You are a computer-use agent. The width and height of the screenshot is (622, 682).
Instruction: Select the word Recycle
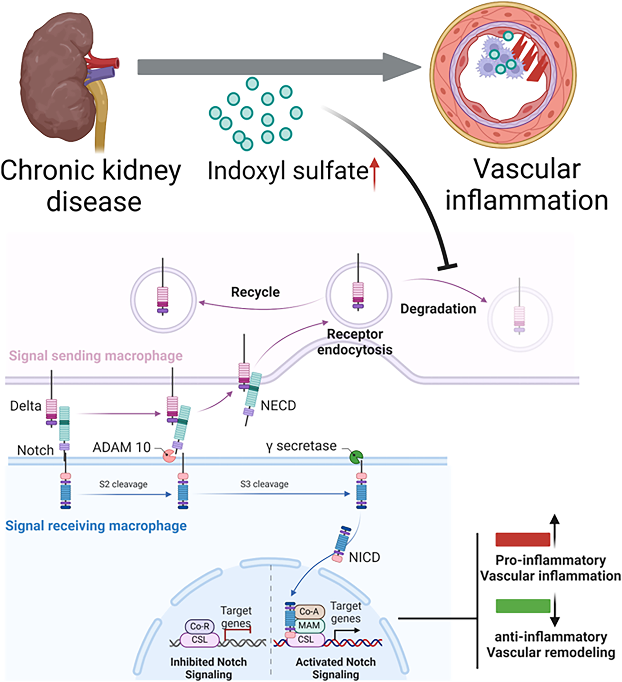tap(255, 292)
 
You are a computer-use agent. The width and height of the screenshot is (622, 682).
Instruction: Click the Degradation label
tap(438, 309)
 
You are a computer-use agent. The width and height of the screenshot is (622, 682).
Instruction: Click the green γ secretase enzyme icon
tap(356, 458)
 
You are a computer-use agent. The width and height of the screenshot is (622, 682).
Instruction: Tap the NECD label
tap(278, 406)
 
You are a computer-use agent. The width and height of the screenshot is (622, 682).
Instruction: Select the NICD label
tap(364, 557)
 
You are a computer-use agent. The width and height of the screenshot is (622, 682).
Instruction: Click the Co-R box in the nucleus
tap(200, 626)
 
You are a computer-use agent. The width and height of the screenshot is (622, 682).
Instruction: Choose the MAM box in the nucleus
tap(309, 626)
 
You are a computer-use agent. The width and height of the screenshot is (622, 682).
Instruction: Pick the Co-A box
tap(309, 612)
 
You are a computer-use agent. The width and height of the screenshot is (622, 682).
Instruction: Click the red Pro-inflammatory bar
tap(523, 539)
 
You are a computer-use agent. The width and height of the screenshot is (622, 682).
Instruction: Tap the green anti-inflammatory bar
tap(523, 606)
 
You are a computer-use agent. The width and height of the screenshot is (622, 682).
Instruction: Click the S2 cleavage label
tap(123, 484)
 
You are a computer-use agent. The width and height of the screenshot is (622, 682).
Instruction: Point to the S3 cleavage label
tap(264, 484)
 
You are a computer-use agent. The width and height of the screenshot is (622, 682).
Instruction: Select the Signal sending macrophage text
tap(96, 356)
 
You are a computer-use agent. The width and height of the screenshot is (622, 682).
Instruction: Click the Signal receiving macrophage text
tap(96, 526)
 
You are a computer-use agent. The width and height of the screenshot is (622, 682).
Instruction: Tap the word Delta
tap(25, 406)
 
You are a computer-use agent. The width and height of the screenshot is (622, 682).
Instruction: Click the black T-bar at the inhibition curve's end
tap(447, 267)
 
